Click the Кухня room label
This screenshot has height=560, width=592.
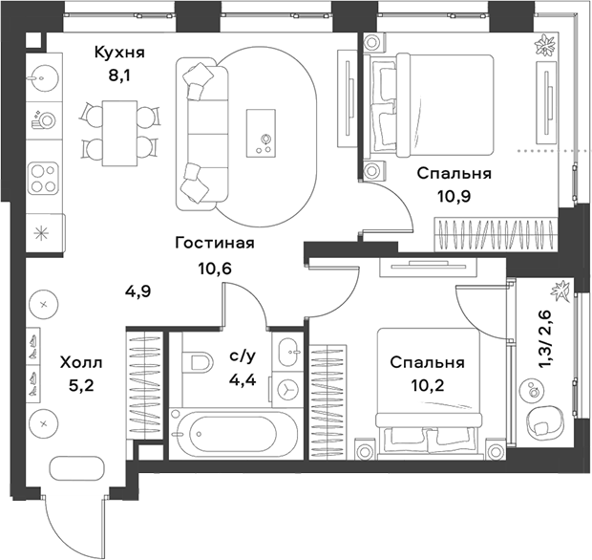pyautogui.click(x=119, y=53)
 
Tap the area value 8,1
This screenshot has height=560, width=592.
pyautogui.click(x=119, y=75)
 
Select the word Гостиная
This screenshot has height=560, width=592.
pyautogui.click(x=215, y=243)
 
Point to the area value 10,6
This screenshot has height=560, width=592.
pyautogui.click(x=215, y=269)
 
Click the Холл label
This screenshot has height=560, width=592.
pyautogui.click(x=81, y=363)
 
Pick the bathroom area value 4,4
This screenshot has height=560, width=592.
pyautogui.click(x=243, y=379)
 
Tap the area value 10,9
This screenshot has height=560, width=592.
pyautogui.click(x=455, y=196)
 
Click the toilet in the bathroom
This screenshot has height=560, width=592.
pyautogui.click(x=198, y=362)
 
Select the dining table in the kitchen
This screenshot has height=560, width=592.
pyautogui.click(x=119, y=133)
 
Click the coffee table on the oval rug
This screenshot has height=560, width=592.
pyautogui.click(x=261, y=133)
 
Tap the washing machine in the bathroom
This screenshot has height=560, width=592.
pyautogui.click(x=287, y=388)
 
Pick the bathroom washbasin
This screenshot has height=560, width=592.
pyautogui.click(x=287, y=351)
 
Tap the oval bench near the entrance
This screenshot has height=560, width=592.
pyautogui.click(x=76, y=468)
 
